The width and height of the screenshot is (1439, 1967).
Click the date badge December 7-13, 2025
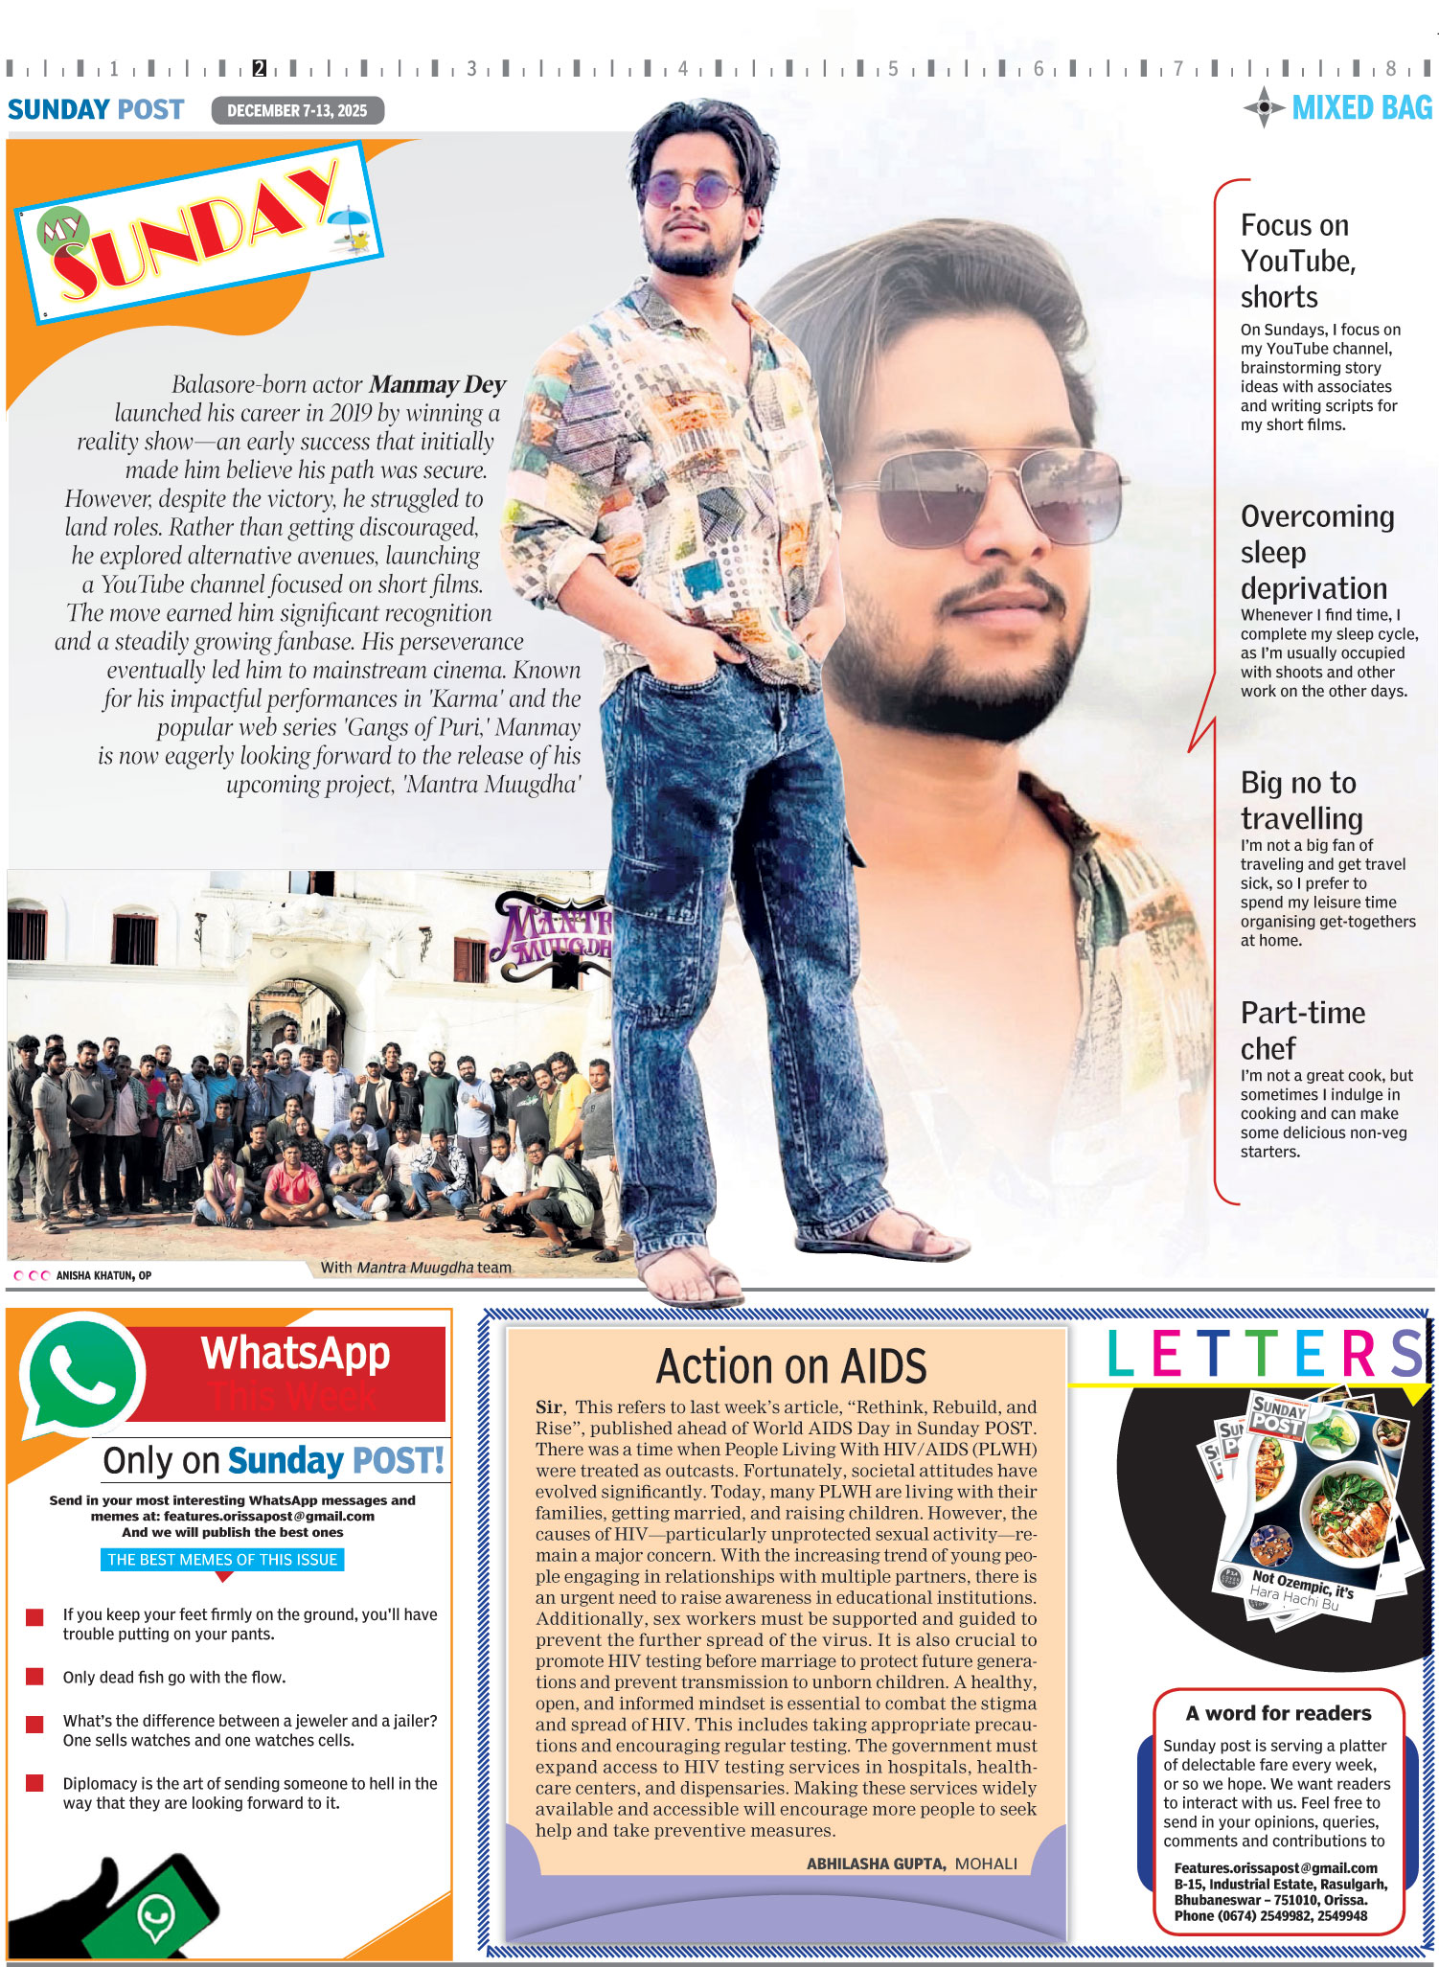pos(297,110)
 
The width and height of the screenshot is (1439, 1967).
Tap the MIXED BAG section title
pos(1361,108)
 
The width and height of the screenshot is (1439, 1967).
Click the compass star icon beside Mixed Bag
pos(1265,107)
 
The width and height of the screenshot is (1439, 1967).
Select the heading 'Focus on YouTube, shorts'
pos(1298,261)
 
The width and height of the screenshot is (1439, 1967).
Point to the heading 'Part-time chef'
pos(1302,1030)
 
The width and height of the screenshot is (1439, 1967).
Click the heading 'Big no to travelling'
pos(1301,800)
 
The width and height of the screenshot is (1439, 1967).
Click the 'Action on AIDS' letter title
pos(791,1365)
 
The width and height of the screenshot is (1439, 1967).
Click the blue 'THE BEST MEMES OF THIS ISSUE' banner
pos(222,1560)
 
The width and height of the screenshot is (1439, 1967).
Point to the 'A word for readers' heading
pos(1278,1713)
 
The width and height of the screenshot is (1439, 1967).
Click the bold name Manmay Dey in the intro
pos(437,385)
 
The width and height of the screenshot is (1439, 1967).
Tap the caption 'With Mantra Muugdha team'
pos(416,1268)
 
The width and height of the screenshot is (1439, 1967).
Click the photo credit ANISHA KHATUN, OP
pos(103,1275)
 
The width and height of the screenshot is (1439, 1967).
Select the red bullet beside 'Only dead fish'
pos(34,1677)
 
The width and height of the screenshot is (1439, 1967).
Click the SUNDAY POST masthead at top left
pos(96,110)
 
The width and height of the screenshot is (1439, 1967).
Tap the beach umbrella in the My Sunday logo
pos(349,226)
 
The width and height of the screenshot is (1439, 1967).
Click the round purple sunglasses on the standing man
pos(687,189)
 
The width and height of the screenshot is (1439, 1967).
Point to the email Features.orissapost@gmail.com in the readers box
pos(1275,1868)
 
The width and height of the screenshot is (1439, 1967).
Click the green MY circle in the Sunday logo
pos(63,230)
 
